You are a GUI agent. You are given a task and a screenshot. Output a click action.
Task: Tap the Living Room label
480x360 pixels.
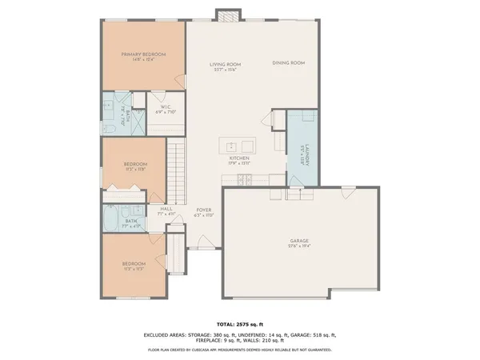coord(226,64)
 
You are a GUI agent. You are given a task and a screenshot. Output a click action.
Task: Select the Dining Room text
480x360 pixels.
coord(288,62)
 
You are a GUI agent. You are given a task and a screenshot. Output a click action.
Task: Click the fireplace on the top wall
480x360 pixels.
coord(226,15)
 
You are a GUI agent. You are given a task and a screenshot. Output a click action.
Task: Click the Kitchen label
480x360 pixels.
coord(239,158)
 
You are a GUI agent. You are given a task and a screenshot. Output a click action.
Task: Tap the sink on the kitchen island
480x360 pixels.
coord(230,146)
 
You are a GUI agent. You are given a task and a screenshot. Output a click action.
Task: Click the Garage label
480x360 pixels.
coord(299,241)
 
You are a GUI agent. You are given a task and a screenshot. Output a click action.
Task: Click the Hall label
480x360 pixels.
coord(166,209)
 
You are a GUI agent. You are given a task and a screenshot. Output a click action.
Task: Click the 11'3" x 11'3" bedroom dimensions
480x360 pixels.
coord(134,270)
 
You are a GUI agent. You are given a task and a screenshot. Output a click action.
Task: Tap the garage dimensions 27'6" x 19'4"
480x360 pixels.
coord(299,247)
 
